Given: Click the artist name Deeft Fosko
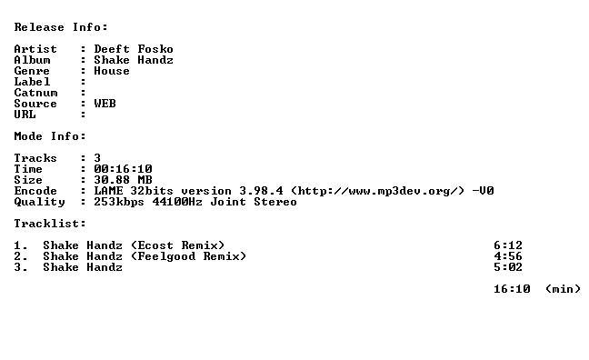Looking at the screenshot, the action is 134,49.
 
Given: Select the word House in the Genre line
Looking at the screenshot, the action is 112,71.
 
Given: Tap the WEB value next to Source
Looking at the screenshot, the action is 105,104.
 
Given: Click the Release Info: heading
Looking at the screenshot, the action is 61,27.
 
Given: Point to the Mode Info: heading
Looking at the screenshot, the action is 50,136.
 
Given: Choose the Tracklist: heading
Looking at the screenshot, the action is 50,224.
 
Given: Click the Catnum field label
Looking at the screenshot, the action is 35,93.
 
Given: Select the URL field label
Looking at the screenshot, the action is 25,115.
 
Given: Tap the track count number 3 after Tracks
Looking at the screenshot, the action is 97,158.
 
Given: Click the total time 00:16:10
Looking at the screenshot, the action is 123,169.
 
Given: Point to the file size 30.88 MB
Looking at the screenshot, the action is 123,180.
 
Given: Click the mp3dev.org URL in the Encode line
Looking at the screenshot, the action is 377,191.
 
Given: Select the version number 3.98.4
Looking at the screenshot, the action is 261,191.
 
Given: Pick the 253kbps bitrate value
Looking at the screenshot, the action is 119,202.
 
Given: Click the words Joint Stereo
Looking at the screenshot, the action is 254,202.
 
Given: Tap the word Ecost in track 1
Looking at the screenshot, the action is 155,245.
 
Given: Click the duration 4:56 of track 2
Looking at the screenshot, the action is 508,256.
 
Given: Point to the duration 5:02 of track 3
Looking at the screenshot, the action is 508,267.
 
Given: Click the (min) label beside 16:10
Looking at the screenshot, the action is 563,289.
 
